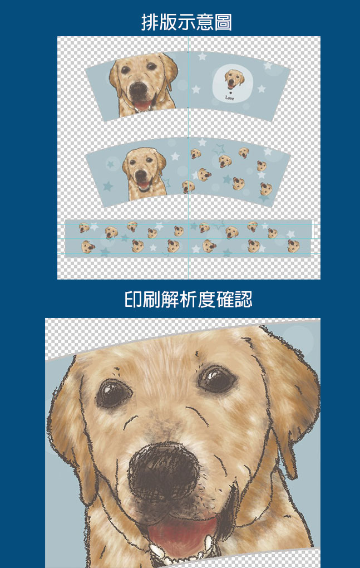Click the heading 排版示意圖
tap(186, 22)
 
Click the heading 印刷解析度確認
tap(188, 300)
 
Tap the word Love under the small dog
tap(230, 98)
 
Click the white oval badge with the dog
tap(230, 84)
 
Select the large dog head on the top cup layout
tap(144, 85)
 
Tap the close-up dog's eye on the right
tap(217, 378)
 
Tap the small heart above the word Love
tap(230, 93)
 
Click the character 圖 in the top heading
tap(223, 22)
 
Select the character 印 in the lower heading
tap(134, 300)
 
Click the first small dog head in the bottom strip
tap(84, 228)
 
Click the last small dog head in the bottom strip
tap(293, 246)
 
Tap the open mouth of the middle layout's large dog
tap(143, 185)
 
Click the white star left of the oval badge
tap(196, 89)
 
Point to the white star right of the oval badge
tap(261, 89)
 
